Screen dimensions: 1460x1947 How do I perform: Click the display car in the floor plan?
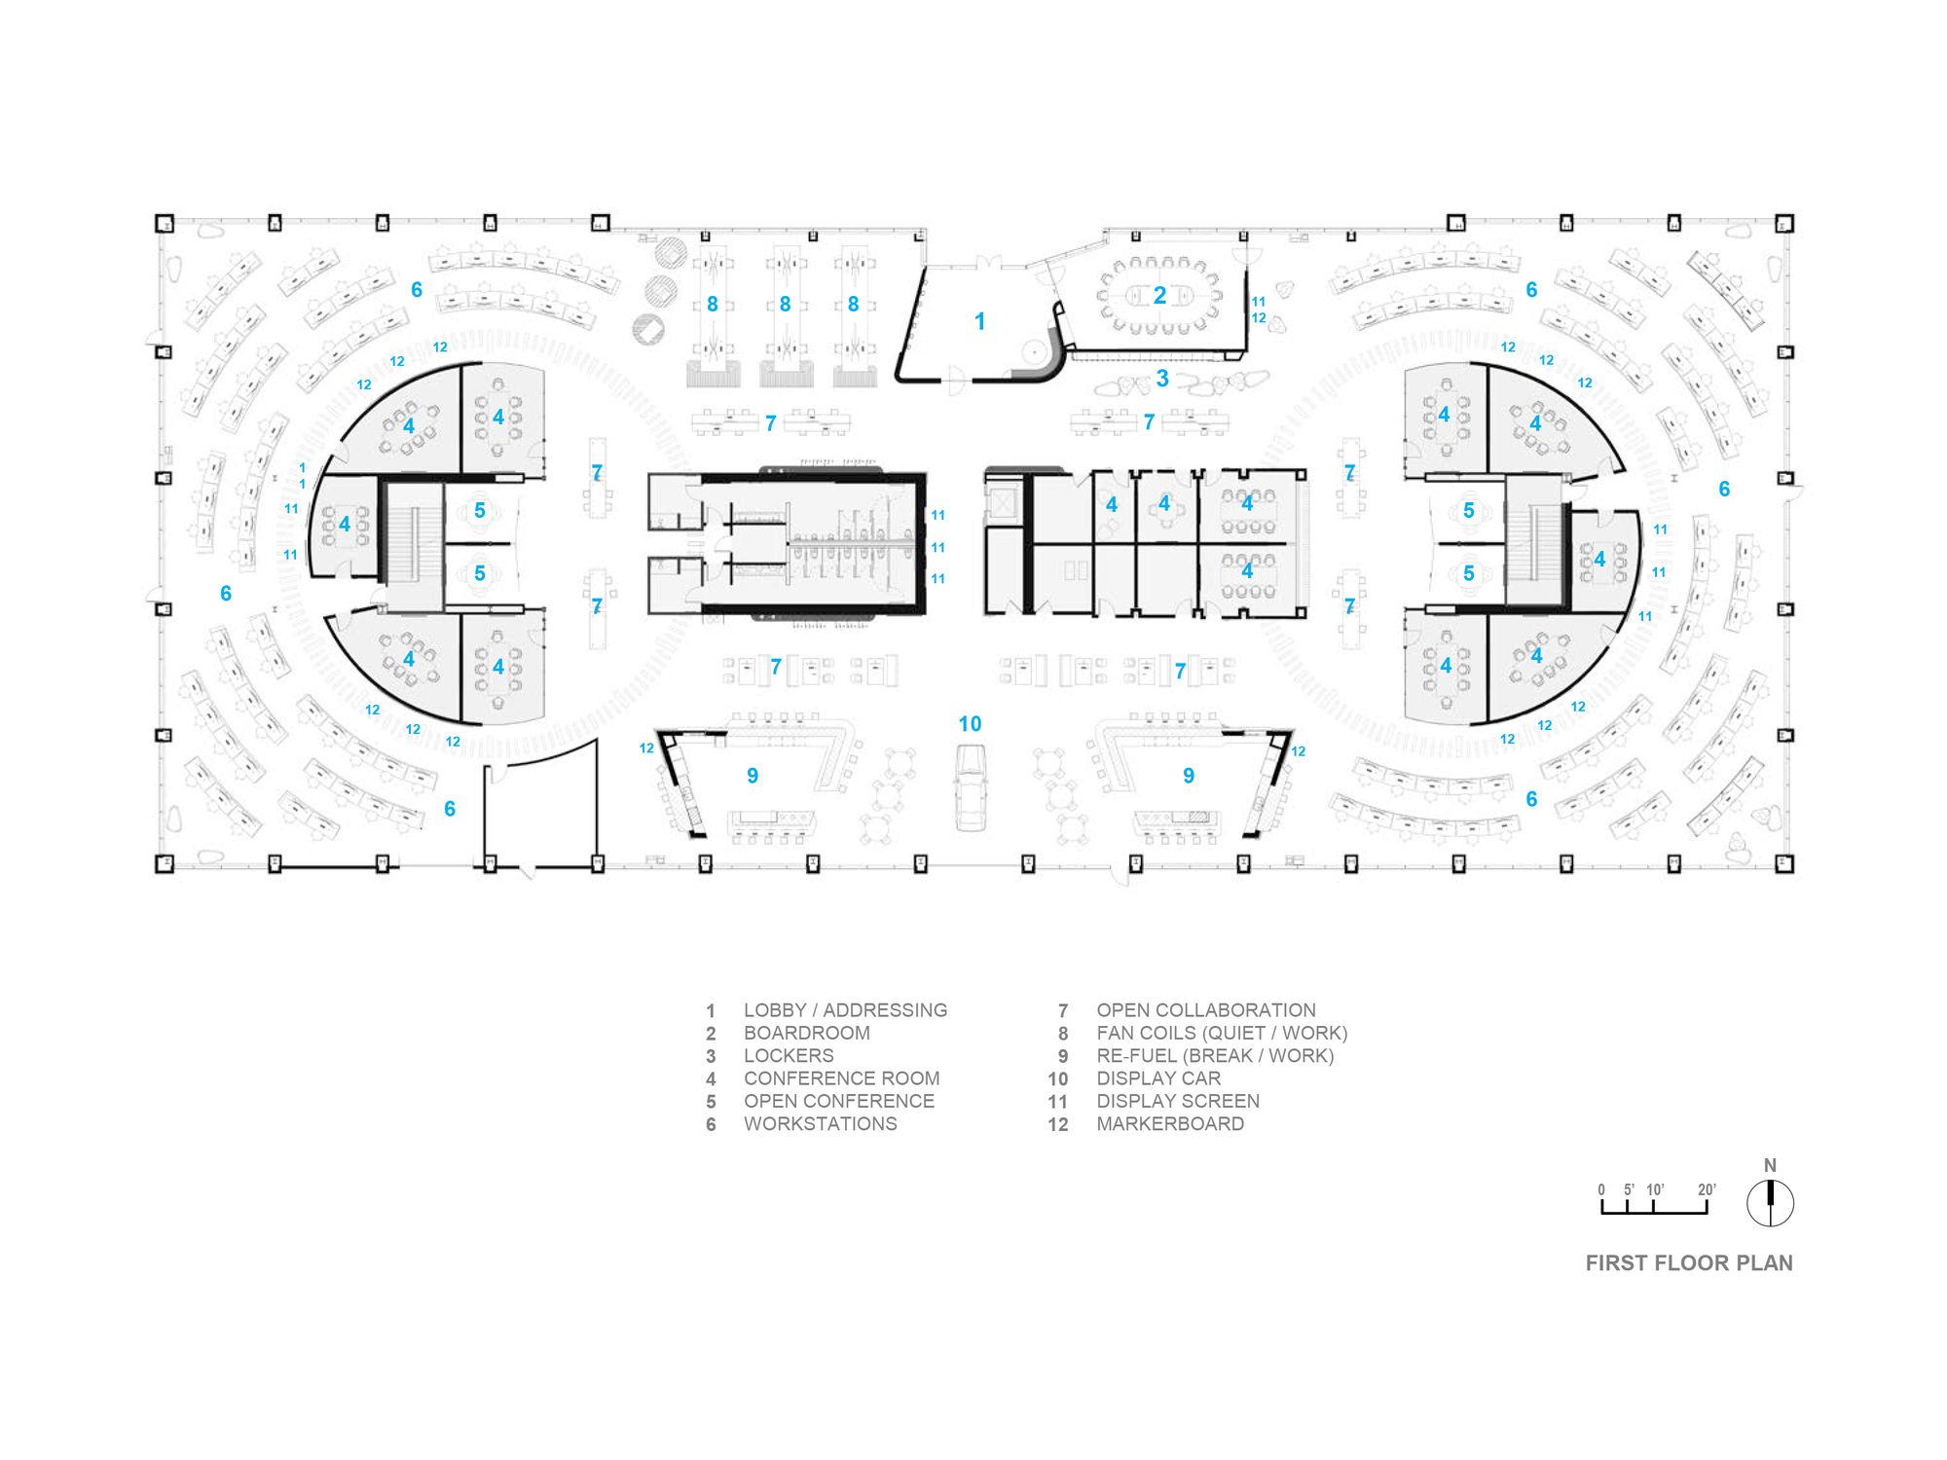970,786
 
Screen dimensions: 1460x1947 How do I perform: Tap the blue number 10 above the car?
970,724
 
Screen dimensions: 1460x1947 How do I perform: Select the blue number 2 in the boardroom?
1159,296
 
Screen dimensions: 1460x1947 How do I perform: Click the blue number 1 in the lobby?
979,321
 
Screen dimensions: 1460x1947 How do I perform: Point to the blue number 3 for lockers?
1161,379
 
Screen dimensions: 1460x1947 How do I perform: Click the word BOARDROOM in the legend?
806,1033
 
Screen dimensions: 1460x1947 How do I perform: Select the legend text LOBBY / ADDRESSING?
845,1010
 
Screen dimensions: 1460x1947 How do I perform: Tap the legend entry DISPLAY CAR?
1158,1078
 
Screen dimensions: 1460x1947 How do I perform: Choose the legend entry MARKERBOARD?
1170,1124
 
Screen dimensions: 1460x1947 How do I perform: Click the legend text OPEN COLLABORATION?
1206,1010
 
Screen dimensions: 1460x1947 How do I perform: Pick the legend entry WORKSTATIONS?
820,1124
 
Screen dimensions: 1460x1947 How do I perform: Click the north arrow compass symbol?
1770,1203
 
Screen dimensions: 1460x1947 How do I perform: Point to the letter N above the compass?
1770,1165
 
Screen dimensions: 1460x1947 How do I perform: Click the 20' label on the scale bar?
1707,1189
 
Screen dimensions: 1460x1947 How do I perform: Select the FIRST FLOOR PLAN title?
1689,1263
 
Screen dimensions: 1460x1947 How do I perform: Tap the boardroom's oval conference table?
1158,295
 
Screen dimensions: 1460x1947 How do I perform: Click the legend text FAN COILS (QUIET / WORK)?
1222,1033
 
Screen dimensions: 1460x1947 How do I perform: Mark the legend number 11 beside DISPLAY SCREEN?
1058,1102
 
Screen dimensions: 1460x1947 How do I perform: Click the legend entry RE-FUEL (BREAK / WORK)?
1215,1056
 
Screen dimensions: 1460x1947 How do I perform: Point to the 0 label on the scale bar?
1601,1189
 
